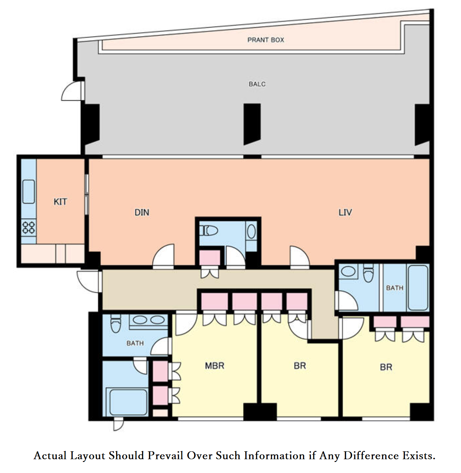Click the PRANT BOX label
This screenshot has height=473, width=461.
pos(265,40)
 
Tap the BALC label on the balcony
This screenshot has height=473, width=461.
pos(257,84)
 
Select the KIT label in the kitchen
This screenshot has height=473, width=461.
pos(60,202)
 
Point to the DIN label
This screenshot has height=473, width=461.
pos(142,212)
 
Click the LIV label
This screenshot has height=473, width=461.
pos(345,212)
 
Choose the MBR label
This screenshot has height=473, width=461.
pos(214,366)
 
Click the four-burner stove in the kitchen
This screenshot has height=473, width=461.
pos(29,228)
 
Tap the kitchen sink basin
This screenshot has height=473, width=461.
pos(29,192)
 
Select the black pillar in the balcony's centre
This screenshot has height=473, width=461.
pos(252,124)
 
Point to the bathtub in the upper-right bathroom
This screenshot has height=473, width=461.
pos(418,288)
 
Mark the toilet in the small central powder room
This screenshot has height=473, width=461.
pos(209,230)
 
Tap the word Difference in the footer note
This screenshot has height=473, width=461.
pos(371,455)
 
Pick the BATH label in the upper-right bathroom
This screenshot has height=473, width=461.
pos(395,288)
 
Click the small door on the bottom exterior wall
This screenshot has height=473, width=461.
pos(118,424)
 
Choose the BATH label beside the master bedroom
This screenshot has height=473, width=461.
pos(135,343)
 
